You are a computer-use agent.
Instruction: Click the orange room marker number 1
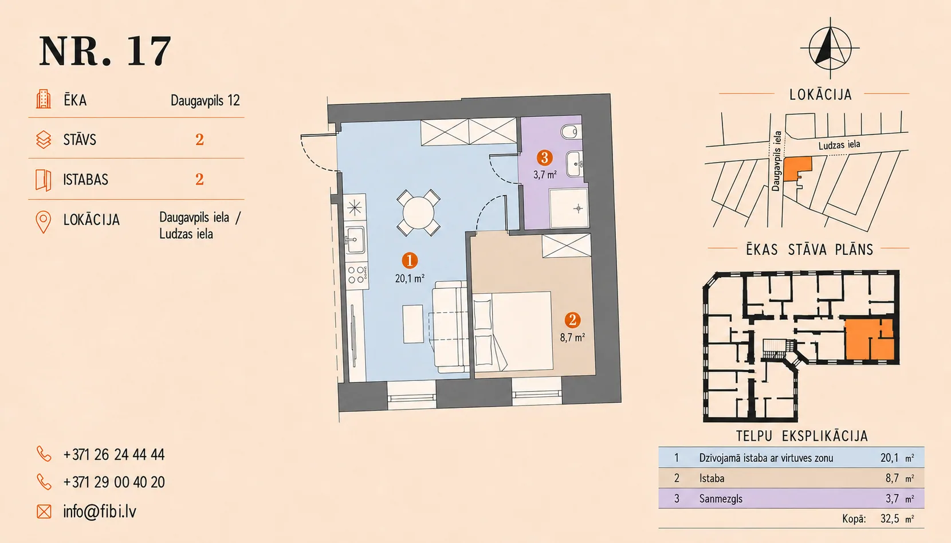(x=409, y=260)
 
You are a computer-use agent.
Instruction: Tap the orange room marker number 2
(x=572, y=320)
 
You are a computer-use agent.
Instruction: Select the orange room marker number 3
(x=544, y=158)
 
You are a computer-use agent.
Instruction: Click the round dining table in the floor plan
(x=418, y=213)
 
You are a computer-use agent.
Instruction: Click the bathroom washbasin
(x=575, y=163)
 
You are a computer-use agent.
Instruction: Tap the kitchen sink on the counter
(x=355, y=239)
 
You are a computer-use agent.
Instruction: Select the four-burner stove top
(x=356, y=274)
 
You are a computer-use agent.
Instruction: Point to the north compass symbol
(x=830, y=48)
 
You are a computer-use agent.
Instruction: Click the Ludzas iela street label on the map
(x=839, y=145)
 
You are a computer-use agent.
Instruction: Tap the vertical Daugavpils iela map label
(x=776, y=161)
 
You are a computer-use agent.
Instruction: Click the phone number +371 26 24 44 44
(x=114, y=455)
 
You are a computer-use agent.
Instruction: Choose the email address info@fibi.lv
(x=100, y=511)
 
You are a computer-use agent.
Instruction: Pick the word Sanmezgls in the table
(x=721, y=498)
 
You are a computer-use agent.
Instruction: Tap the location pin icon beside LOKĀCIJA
(x=44, y=222)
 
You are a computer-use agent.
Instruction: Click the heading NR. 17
(x=105, y=50)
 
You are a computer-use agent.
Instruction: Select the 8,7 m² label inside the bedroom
(x=572, y=337)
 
